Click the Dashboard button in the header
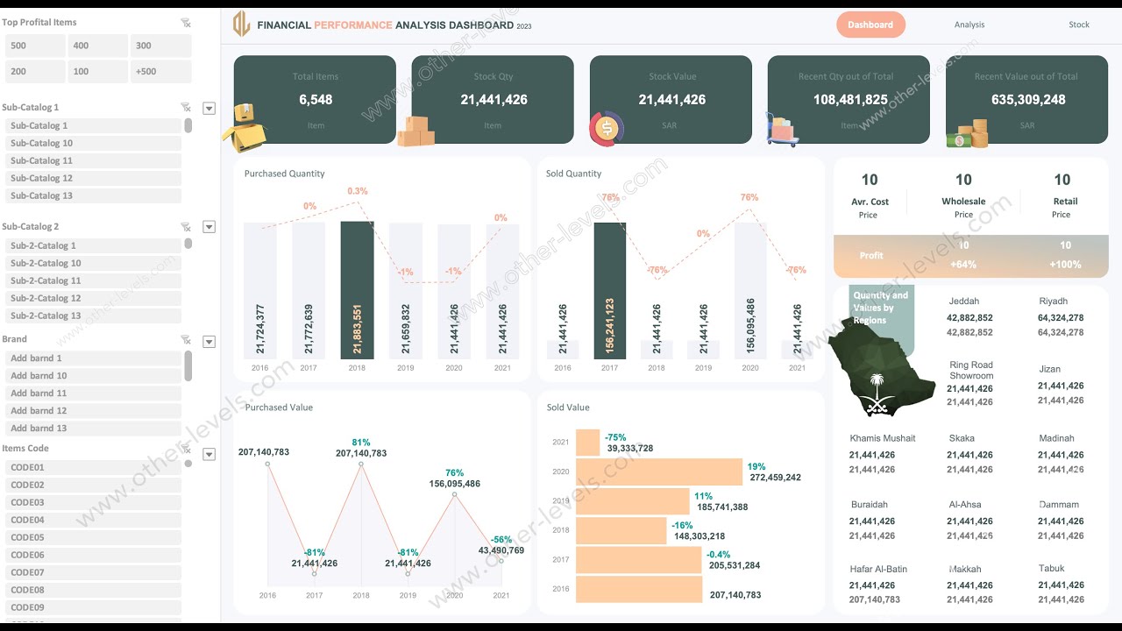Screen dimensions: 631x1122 tap(870, 25)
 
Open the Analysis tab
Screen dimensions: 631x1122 tap(969, 25)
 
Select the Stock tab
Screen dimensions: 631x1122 tap(1079, 25)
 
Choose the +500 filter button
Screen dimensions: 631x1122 tap(161, 72)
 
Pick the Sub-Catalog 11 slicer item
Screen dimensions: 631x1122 tap(92, 161)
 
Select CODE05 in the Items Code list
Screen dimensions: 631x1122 tap(92, 538)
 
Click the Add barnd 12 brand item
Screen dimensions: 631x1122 tap(92, 411)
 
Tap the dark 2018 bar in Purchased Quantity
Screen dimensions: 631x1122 tap(357, 289)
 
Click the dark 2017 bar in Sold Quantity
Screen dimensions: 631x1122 tap(609, 289)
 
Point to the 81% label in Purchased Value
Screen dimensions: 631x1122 tap(360, 443)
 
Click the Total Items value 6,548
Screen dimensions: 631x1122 tap(316, 100)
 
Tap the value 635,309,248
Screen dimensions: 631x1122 tap(1028, 100)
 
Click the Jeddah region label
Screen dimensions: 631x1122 tap(963, 301)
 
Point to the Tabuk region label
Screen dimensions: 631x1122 tap(1051, 569)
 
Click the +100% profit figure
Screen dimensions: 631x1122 tap(1065, 265)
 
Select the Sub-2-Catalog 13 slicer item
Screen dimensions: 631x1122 tap(92, 316)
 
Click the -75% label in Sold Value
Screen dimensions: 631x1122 tap(615, 437)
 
